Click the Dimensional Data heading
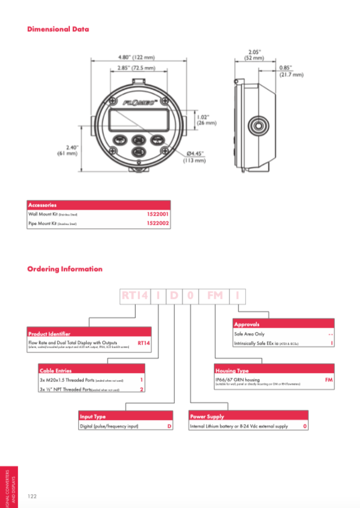[58, 29]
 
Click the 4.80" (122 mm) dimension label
[136, 57]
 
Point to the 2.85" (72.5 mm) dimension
[136, 69]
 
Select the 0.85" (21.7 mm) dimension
[291, 71]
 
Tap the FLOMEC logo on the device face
[141, 102]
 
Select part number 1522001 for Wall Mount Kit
[157, 214]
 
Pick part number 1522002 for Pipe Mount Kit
[157, 223]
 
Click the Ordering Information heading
[65, 269]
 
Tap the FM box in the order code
[215, 295]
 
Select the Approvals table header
[246, 324]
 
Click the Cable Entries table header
[55, 371]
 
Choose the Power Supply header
[207, 416]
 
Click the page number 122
[33, 495]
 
